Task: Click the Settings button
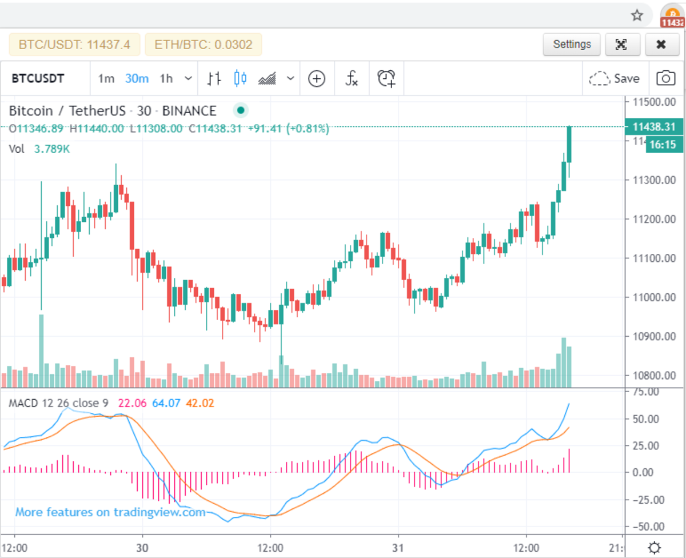click(572, 45)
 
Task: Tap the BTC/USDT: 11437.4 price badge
click(74, 45)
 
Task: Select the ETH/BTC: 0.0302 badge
click(203, 45)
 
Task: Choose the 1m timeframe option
click(106, 78)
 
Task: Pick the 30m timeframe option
click(137, 78)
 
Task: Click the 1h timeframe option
click(166, 78)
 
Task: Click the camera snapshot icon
click(665, 78)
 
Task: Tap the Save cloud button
click(614, 78)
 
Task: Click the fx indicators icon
click(352, 78)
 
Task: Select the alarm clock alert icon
click(386, 78)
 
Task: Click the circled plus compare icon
click(316, 78)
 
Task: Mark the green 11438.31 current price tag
click(654, 127)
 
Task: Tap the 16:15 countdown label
click(663, 145)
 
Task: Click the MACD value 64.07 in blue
click(166, 404)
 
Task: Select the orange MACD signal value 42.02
click(200, 404)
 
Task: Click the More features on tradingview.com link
click(110, 512)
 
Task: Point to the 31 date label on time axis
click(398, 548)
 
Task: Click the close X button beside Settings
click(661, 45)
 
